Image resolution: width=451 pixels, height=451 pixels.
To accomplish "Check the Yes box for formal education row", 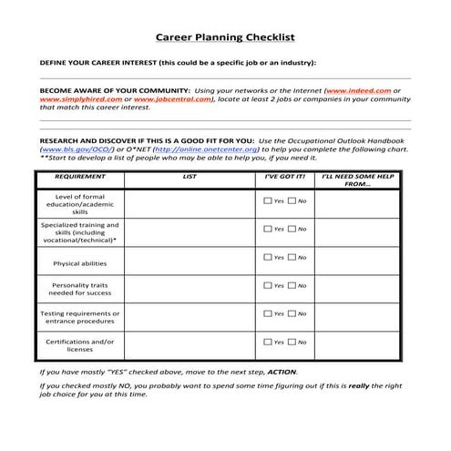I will tap(267, 200).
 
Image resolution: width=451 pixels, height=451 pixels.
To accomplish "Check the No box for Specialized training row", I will tap(292, 229).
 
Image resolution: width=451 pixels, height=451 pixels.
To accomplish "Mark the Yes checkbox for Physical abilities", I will tap(267, 258).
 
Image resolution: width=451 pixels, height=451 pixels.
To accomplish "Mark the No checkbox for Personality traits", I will tap(292, 285).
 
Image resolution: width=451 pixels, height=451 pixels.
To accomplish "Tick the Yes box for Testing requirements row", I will tap(267, 313).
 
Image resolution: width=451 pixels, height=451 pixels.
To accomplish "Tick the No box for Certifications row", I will tap(292, 342).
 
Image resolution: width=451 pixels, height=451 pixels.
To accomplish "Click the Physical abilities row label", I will tap(80, 262).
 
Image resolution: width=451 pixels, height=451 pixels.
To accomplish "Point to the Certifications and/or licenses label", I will tap(80, 345).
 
